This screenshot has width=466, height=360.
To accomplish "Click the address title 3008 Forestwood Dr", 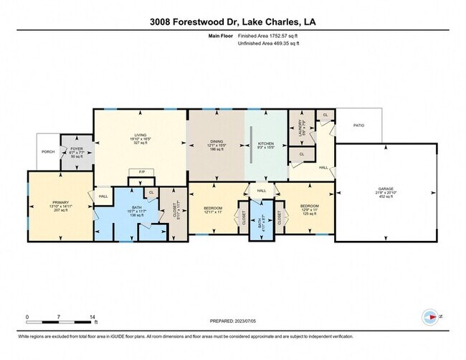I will pyautogui.click(x=232, y=22).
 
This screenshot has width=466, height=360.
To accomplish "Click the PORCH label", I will pyautogui.click(x=48, y=151).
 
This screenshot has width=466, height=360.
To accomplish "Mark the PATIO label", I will pyautogui.click(x=358, y=125).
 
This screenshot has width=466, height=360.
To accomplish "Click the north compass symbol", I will pyautogui.click(x=431, y=316).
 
